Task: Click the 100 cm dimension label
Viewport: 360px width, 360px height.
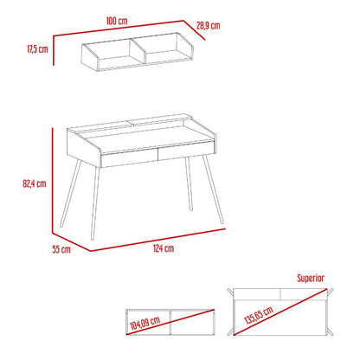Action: [117, 21]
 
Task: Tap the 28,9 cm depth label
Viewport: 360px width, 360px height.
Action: [209, 26]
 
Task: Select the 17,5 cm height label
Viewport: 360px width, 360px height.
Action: [37, 49]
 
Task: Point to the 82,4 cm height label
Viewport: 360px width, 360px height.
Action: [35, 183]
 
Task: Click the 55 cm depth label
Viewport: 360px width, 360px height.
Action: [61, 249]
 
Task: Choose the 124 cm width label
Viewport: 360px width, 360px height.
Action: [164, 248]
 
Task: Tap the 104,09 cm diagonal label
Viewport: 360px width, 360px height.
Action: [145, 323]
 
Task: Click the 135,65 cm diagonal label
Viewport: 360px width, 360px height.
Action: [259, 315]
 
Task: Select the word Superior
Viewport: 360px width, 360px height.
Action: [311, 278]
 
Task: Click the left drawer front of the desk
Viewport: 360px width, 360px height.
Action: [130, 160]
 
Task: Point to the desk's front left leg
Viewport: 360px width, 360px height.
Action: [95, 203]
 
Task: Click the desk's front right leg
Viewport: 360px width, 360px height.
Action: [213, 189]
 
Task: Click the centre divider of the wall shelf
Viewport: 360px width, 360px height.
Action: [138, 51]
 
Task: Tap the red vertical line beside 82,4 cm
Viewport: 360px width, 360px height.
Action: [53, 180]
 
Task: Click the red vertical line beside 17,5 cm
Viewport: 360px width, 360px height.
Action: [54, 50]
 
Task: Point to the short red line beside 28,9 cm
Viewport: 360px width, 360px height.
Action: [194, 30]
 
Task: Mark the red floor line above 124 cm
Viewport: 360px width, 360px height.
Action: [157, 240]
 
